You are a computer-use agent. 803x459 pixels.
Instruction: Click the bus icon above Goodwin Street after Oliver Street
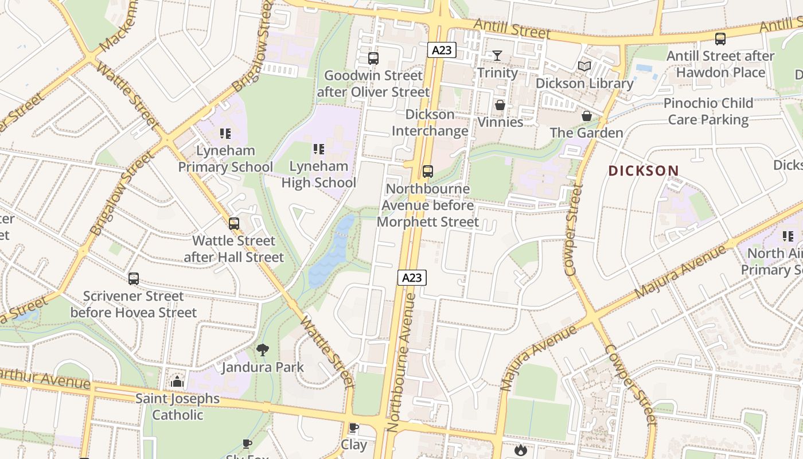tap(373, 58)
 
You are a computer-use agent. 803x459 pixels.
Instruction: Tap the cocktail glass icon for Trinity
tap(497, 56)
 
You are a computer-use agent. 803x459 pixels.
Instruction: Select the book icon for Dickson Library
tap(584, 67)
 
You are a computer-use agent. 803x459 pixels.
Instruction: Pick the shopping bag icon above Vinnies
tap(500, 106)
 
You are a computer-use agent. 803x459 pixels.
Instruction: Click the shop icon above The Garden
tap(586, 116)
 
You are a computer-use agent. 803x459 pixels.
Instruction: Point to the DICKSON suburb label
tap(644, 171)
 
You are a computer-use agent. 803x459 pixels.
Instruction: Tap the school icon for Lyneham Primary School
tap(225, 134)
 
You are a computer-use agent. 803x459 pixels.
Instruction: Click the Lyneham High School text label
tap(319, 174)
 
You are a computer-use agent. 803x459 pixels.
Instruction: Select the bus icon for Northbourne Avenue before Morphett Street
tap(427, 171)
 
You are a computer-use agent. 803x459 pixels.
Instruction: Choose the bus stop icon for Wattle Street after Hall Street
tap(234, 224)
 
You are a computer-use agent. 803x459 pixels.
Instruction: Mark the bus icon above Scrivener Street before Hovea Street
tap(134, 279)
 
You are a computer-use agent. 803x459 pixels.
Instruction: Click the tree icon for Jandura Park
tap(263, 349)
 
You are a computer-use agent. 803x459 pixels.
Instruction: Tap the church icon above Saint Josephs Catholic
tap(177, 382)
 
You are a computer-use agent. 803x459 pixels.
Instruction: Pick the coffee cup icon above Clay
tap(354, 428)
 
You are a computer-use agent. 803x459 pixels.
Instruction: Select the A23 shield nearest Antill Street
tap(442, 50)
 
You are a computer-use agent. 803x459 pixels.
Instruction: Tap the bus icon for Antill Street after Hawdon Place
tap(720, 39)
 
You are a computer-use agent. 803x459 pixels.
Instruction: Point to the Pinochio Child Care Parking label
tap(708, 111)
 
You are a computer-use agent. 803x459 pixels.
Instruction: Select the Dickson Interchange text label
tap(430, 123)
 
